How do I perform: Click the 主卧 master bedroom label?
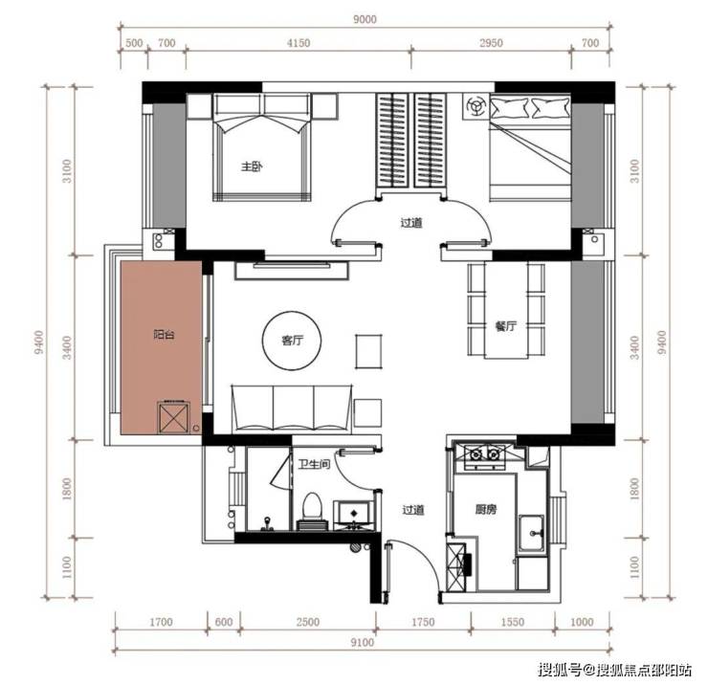[252, 166]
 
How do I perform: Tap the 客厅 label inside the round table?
[292, 340]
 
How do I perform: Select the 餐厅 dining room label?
[505, 326]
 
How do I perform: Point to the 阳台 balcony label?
[164, 335]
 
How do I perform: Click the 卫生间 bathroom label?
[314, 464]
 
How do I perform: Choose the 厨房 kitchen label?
[486, 510]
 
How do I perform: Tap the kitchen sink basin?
[532, 533]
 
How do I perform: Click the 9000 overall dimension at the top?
[365, 19]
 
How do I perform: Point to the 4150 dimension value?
[299, 43]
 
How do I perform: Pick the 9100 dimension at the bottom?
[362, 642]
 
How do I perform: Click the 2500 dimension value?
[308, 622]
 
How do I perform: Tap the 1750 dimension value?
[423, 622]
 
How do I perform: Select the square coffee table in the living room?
[369, 352]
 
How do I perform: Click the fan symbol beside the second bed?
[475, 106]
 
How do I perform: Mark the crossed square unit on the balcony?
[173, 417]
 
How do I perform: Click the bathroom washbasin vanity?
[354, 515]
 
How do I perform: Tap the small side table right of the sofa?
[367, 412]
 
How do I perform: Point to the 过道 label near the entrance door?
[413, 510]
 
